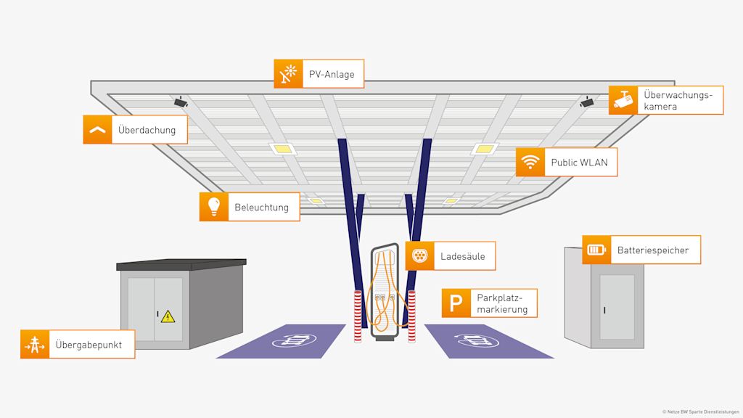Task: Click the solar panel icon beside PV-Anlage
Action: coord(288,74)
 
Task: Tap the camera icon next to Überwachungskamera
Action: coord(623,100)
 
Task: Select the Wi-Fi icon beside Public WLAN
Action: coord(530,163)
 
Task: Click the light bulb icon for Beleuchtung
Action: coord(214,207)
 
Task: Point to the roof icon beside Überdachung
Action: coord(97,130)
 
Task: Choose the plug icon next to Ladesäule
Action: coord(419,256)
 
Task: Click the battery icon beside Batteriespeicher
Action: coord(596,250)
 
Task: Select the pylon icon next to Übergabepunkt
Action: coord(35,344)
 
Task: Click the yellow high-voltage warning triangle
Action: coord(168,316)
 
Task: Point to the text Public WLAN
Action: coord(579,163)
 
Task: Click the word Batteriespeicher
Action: coord(653,250)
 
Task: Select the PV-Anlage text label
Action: coord(332,74)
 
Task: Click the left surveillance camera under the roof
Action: coord(181,102)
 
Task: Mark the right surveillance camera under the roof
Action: coord(587,102)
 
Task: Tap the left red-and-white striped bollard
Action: coord(357,316)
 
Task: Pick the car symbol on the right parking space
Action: coord(472,340)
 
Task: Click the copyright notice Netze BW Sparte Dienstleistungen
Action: coord(700,411)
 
